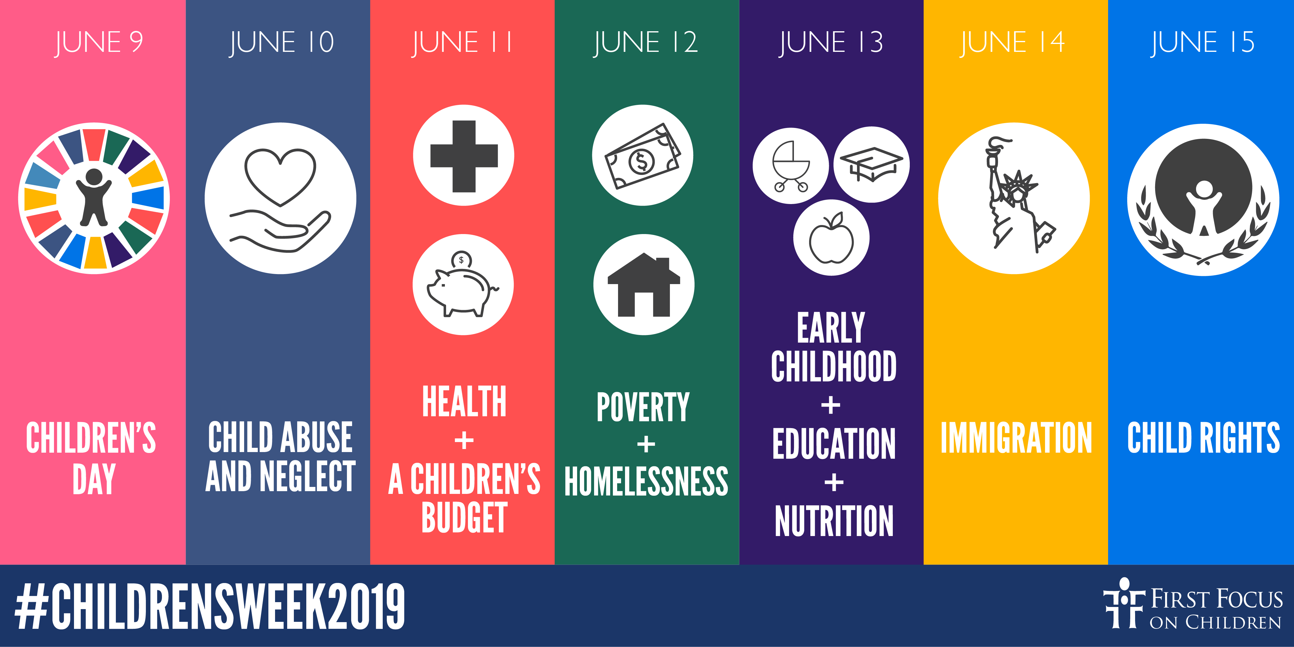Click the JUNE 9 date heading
click(x=99, y=42)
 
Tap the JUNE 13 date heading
click(x=831, y=42)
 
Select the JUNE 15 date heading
click(x=1203, y=42)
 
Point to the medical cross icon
click(x=464, y=156)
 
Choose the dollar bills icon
click(x=643, y=156)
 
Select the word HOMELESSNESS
click(x=646, y=481)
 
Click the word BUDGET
click(x=464, y=518)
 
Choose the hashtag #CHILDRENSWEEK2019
click(x=210, y=606)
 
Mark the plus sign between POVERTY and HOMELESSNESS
click(x=646, y=444)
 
